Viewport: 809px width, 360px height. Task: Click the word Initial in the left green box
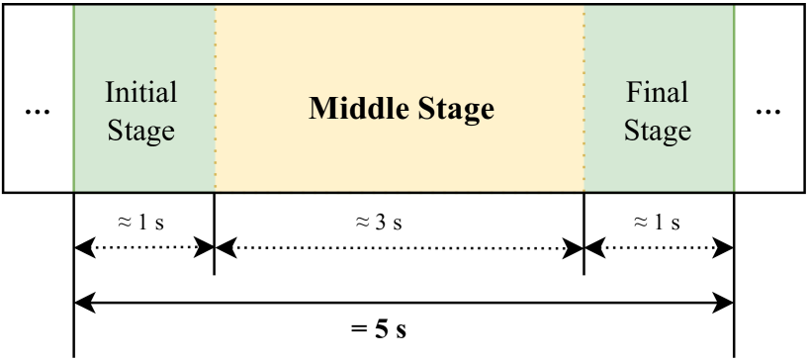click(141, 93)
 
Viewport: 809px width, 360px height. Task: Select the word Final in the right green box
click(658, 93)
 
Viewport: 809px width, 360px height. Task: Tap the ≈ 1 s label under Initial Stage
click(141, 223)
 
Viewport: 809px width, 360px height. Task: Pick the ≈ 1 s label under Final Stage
click(658, 223)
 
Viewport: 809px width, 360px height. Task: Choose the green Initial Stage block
click(143, 158)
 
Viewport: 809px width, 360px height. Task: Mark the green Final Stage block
click(659, 158)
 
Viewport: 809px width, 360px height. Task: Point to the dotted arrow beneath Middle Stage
click(399, 249)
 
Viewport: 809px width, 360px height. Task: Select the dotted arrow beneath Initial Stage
click(143, 249)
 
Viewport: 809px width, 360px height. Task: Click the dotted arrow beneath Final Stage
click(659, 249)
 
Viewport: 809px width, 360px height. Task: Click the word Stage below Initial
click(141, 130)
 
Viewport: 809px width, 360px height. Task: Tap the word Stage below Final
click(658, 130)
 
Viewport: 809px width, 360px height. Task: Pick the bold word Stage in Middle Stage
click(451, 109)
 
